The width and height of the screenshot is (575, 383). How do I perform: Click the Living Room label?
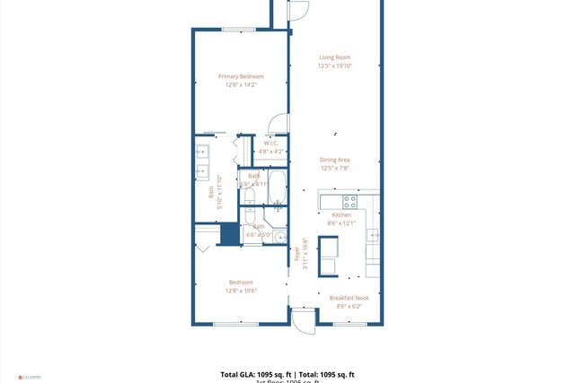tap(334, 57)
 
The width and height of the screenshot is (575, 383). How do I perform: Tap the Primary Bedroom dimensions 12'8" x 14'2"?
tap(240, 85)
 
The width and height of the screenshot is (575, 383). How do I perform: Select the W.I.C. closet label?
tap(270, 144)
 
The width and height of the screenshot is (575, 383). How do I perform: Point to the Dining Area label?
tap(334, 160)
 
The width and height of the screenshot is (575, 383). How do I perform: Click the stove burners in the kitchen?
tap(349, 201)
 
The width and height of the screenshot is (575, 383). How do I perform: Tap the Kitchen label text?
tap(341, 215)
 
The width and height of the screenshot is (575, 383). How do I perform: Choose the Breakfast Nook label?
tap(349, 298)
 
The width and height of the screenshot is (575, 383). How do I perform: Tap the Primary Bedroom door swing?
tap(279, 126)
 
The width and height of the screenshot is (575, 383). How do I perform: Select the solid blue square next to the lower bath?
tap(230, 233)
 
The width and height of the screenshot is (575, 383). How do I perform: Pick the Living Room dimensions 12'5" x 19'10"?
tap(334, 65)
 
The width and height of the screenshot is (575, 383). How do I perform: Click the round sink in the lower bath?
tap(279, 238)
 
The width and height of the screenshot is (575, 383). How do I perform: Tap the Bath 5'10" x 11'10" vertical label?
tap(213, 191)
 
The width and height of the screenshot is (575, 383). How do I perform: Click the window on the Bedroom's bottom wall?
tap(235, 324)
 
